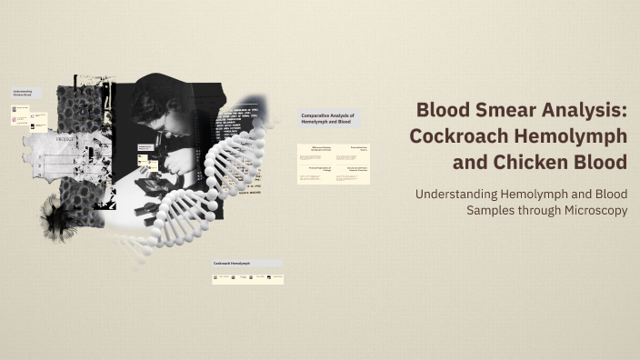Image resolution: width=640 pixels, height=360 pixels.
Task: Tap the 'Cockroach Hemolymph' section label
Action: pyautogui.click(x=232, y=264)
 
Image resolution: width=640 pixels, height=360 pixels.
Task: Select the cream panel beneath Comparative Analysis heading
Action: pyautogui.click(x=333, y=164)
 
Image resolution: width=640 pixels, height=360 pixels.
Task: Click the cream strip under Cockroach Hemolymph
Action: pyautogui.click(x=247, y=278)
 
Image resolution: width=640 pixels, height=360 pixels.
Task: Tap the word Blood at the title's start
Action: pyautogui.click(x=442, y=110)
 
